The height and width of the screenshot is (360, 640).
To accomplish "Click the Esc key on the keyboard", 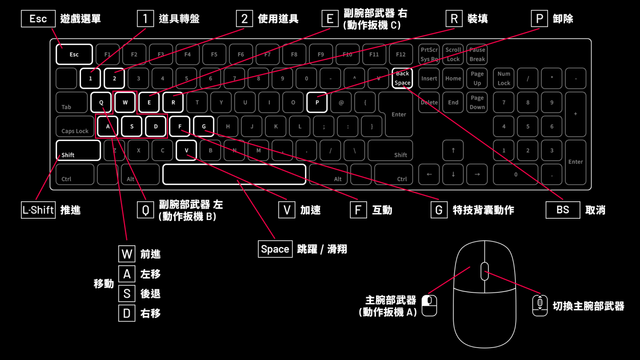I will pos(74,54).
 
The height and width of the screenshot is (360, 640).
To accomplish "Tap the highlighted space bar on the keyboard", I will pos(234,174).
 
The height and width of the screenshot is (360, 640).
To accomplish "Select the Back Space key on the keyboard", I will pos(402,78).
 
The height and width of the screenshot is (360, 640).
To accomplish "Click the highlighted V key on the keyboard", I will pos(187,150).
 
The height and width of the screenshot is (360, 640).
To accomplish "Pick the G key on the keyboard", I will pos(204,126).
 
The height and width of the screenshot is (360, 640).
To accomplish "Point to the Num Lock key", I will pos(504,78).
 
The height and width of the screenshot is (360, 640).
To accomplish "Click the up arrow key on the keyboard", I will pos(453,150).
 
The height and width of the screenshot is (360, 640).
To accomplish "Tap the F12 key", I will pos(400,54).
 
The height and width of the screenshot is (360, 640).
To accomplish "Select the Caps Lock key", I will pos(75,126).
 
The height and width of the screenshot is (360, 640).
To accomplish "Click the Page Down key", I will pos(477,102).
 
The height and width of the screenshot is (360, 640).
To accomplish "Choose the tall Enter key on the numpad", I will pos(576,162).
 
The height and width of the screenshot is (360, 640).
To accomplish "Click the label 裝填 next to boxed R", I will pos(478,19).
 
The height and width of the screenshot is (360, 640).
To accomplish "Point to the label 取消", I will pos(595,210).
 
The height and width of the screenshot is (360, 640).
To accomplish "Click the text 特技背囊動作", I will pos(484,210).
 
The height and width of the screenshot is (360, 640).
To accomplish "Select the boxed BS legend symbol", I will pos(563,210).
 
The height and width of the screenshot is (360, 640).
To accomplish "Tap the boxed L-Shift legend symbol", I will pos(38,210).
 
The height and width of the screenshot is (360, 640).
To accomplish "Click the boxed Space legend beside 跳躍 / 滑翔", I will pos(275,249).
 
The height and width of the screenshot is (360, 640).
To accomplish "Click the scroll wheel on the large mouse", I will pos(484,271).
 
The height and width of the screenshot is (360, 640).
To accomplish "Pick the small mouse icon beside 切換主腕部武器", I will pos(540,305).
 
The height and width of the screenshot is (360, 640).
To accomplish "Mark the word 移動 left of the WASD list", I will pos(104,284).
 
